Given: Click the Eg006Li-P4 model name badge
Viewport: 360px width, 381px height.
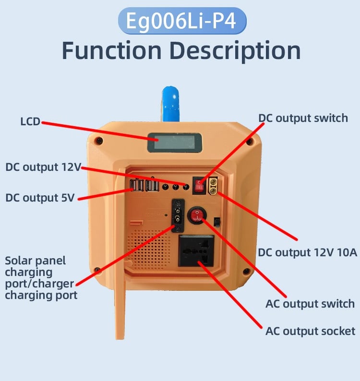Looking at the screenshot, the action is pos(182,21).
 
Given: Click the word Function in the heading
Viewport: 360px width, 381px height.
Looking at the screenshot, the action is pos(112,51).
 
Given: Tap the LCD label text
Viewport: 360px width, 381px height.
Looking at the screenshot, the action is pos(30,121).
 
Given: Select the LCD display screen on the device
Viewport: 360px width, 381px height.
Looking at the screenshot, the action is pos(175,143).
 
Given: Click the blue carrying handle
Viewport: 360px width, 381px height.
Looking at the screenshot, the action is pos(171,104).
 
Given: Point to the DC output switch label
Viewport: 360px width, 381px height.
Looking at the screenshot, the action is pos(303,119).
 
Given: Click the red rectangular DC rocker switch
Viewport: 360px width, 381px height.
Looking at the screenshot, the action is pos(199,186).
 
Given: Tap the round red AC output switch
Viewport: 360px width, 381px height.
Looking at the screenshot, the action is pos(197,215).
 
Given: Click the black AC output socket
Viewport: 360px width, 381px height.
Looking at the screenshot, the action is pos(196,251).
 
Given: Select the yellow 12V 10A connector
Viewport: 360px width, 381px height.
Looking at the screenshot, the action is pos(213,186).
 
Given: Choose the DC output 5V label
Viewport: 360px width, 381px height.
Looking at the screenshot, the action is pos(40,198).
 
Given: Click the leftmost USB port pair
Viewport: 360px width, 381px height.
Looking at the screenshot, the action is pos(137,185).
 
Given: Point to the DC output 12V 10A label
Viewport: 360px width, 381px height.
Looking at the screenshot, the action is pos(308,253).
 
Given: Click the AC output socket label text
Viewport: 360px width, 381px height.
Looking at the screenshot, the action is pos(310,331).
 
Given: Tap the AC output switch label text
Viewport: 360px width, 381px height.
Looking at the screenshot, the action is pos(310,304).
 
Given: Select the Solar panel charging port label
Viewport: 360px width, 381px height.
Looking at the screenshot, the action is pos(41,278).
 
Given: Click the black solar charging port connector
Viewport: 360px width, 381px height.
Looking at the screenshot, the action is pos(178,215).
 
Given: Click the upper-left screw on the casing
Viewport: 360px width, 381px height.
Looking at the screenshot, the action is pos(99,141).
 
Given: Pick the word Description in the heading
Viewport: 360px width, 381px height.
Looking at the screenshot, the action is pos(235,51).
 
